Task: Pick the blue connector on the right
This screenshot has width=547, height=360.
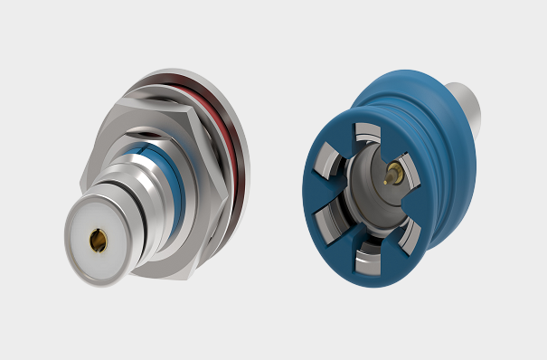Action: [x=389, y=176]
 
